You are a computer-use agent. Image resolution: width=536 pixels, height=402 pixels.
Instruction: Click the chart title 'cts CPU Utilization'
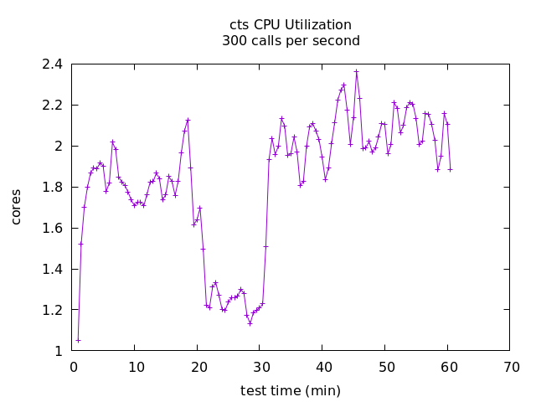point(291,25)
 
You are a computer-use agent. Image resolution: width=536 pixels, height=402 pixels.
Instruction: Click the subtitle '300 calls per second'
point(291,41)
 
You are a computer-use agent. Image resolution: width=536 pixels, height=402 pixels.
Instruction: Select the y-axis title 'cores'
point(16,207)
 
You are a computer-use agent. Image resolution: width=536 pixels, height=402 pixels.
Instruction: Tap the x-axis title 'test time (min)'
point(291,390)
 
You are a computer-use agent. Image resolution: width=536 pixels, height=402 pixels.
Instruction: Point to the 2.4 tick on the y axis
point(52,64)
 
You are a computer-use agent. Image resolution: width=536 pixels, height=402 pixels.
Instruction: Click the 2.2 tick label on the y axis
point(52,106)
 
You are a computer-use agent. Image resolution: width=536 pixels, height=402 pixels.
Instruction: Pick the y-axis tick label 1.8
point(52,187)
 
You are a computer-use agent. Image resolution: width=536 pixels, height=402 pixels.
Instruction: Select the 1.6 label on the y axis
point(52,228)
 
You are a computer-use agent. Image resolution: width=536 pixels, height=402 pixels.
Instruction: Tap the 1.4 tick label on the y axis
point(52,269)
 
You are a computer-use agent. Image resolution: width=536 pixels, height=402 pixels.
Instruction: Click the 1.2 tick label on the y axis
point(52,310)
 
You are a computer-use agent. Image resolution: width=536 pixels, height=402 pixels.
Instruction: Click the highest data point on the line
point(356,71)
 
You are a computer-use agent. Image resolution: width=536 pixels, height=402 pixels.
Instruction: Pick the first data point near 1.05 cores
point(78,340)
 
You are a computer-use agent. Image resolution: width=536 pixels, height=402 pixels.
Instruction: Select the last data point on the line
point(451,169)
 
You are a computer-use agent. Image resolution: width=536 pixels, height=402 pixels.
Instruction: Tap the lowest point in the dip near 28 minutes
point(250,323)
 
